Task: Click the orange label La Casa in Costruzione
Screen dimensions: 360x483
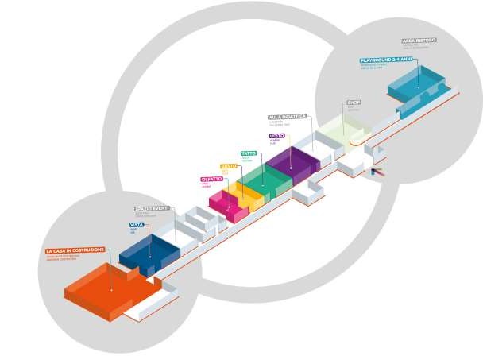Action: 75,251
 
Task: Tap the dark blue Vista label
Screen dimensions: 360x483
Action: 137,225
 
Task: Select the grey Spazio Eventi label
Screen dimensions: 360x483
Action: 152,208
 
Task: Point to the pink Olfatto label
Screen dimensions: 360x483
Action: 211,180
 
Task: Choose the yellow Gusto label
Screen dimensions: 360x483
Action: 229,166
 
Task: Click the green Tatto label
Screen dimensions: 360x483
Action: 248,153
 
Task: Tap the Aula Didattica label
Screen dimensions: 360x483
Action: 287,117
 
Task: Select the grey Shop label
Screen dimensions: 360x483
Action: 354,103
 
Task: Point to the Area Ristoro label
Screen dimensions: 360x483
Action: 419,40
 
